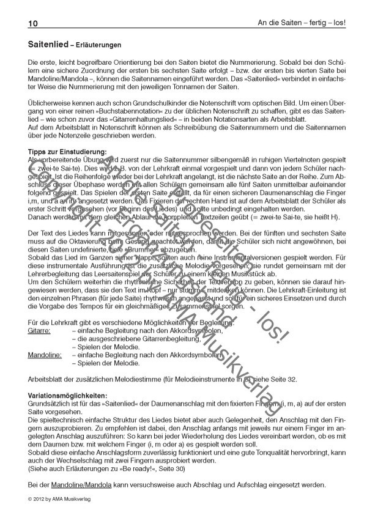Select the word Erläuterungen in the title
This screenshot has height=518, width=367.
tap(98, 45)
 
